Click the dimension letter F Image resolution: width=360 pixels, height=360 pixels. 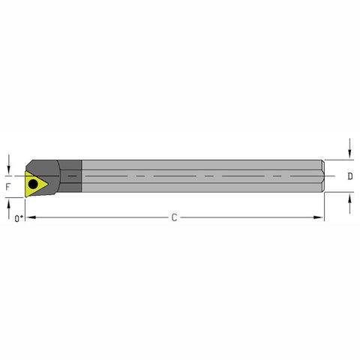click(x=8, y=184)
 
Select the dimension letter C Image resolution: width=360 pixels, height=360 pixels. click(x=174, y=218)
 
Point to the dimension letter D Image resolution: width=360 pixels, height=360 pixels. click(x=349, y=177)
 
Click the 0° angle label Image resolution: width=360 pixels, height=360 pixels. click(x=18, y=218)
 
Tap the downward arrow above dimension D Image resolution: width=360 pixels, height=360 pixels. click(x=349, y=154)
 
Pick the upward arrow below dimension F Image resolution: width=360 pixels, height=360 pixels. click(x=8, y=202)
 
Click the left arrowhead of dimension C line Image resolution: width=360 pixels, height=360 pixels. click(x=32, y=218)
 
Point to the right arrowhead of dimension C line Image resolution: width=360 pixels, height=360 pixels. click(x=320, y=218)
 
